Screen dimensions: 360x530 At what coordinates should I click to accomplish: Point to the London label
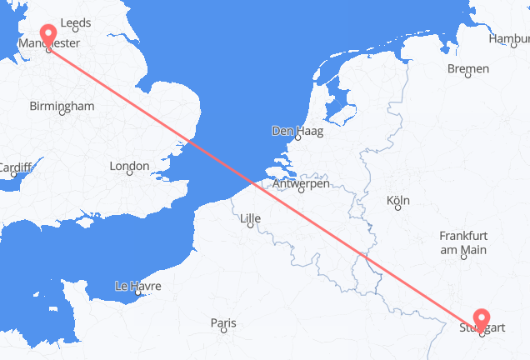(128, 167)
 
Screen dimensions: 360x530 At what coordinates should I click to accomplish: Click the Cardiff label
(14, 167)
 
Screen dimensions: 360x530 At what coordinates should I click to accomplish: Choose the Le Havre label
(137, 287)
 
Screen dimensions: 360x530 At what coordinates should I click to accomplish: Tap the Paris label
(223, 322)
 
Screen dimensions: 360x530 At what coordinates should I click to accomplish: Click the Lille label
(250, 220)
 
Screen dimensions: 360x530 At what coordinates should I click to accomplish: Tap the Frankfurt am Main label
(462, 243)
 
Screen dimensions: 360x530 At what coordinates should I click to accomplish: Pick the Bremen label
(467, 69)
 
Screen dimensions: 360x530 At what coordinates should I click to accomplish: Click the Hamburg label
(510, 37)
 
